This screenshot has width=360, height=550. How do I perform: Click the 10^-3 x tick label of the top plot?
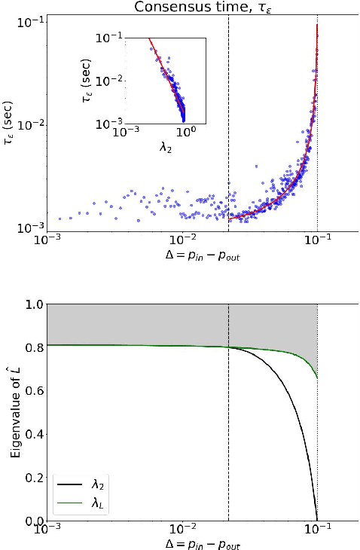pyautogui.click(x=47, y=242)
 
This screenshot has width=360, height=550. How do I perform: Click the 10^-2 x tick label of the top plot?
pyautogui.click(x=182, y=242)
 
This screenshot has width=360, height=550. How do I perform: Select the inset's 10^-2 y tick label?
pyautogui.click(x=108, y=81)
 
